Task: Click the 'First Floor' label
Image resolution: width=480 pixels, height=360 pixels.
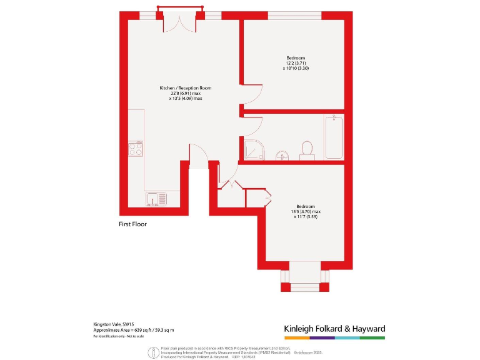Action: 132,223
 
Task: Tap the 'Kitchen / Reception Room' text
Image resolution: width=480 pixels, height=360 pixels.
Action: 186,88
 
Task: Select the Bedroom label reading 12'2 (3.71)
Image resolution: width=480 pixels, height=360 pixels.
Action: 296,63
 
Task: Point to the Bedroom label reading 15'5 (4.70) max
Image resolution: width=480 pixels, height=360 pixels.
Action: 306,212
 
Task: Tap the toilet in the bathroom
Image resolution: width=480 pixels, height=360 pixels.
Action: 307,149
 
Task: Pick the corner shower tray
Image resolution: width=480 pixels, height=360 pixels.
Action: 254,149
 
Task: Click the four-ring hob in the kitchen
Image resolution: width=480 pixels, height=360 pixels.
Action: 136,149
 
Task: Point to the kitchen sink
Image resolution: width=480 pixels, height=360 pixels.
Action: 156,199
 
